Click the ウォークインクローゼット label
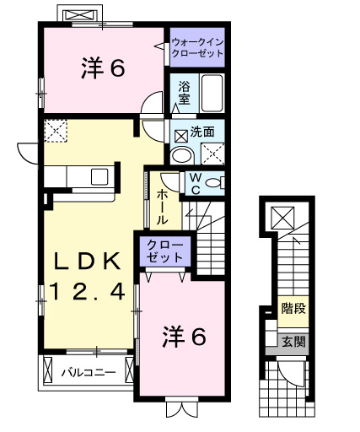[197, 47]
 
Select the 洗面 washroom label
[201, 132]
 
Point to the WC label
[192, 183]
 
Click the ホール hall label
[161, 205]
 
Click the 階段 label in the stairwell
[293, 309]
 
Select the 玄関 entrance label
[293, 342]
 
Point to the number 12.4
[88, 292]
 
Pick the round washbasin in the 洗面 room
[180, 156]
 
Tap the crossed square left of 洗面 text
[180, 133]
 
